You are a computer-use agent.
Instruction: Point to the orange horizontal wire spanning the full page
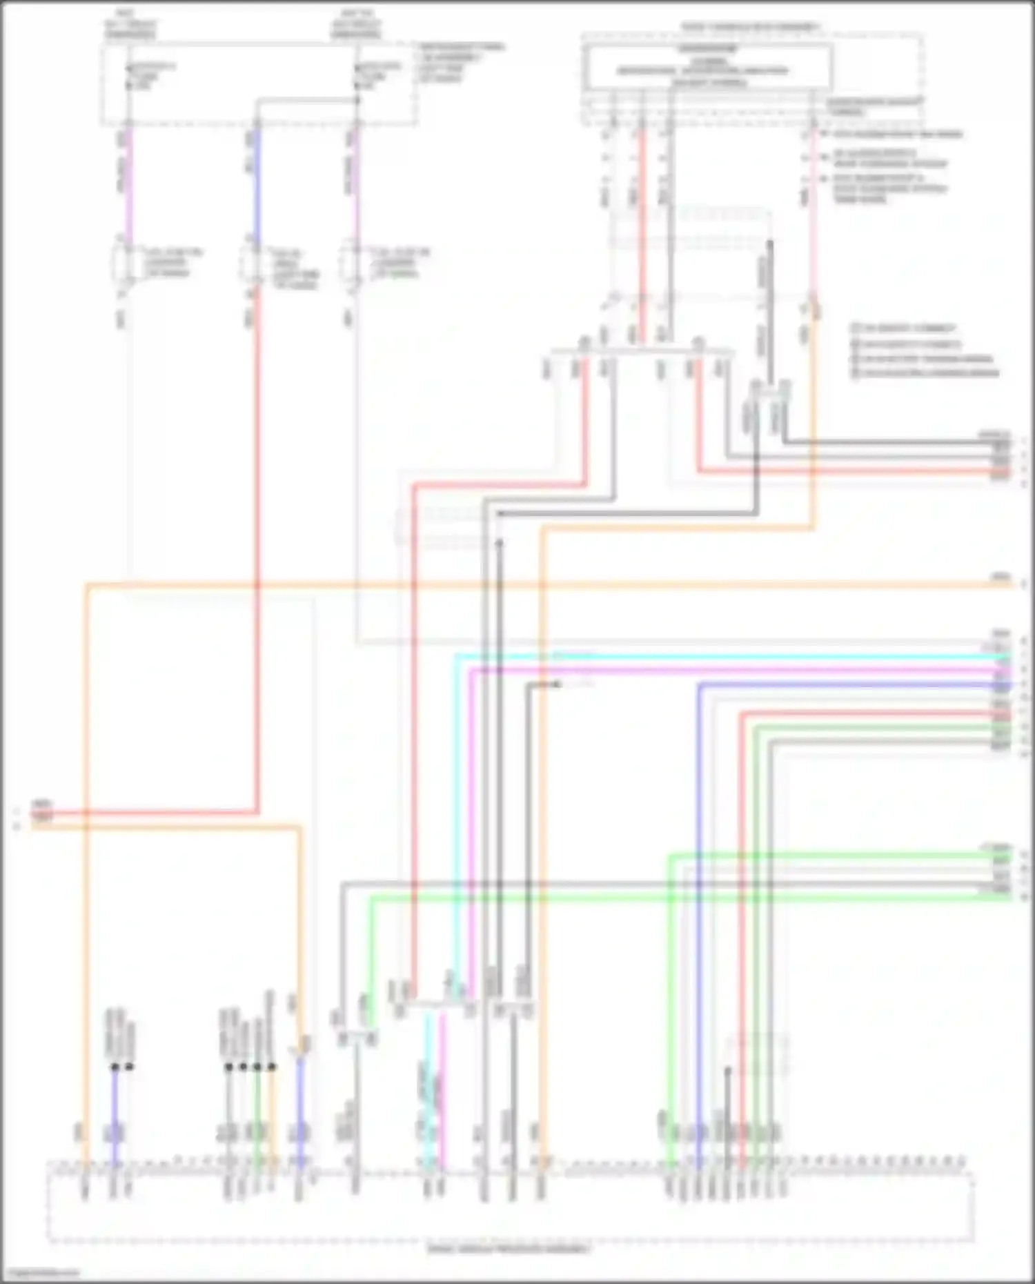point(552,585)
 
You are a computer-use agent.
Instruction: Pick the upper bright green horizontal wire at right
point(828,856)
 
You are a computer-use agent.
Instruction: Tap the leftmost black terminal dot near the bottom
point(115,1067)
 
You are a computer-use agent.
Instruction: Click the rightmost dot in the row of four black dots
point(273,1067)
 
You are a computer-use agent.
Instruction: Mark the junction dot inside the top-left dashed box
point(357,101)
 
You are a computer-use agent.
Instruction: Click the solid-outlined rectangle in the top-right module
point(707,66)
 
